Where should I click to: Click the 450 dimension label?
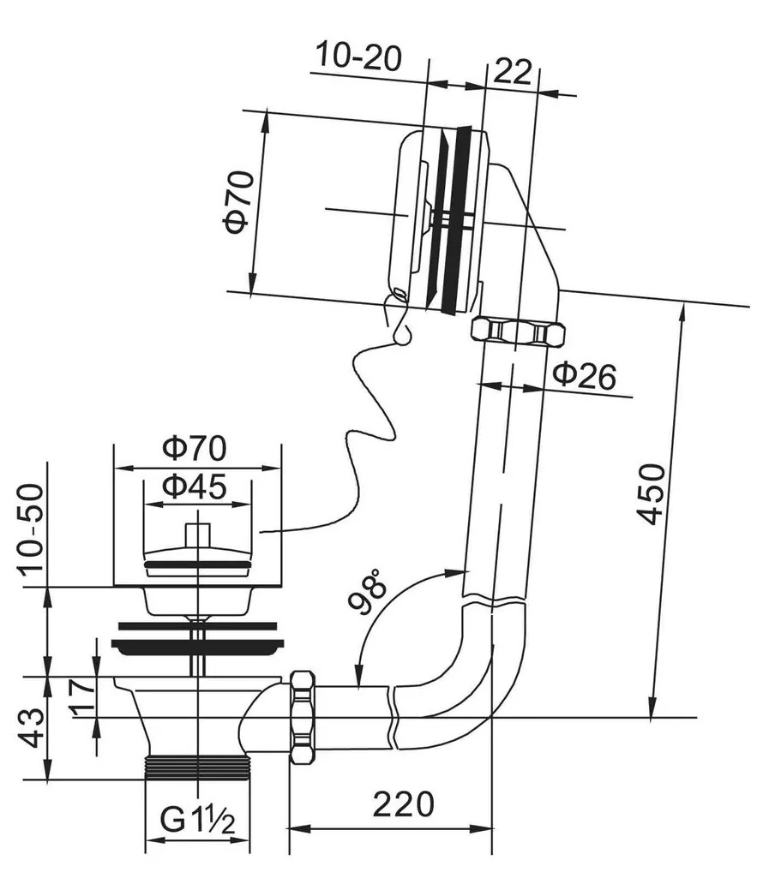pos(652,494)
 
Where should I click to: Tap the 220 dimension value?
pos(404,804)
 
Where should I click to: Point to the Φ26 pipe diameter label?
pos(585,375)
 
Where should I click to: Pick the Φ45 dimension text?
pos(195,486)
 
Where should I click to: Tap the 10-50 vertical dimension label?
pos(30,527)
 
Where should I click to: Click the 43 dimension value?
pos(31,728)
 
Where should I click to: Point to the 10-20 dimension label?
pos(358,57)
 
